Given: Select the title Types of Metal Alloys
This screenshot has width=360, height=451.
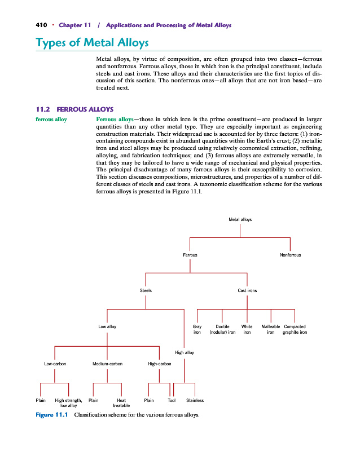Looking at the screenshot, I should [x=92, y=43].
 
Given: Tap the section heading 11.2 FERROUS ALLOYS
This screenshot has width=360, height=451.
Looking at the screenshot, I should [x=74, y=109].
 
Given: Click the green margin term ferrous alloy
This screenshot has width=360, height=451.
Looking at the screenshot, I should [x=51, y=120].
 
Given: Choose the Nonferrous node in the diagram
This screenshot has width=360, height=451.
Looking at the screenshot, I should [x=290, y=255].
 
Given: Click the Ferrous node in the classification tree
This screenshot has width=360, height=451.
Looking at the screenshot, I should [x=190, y=255].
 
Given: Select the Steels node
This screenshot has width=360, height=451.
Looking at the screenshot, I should [x=146, y=290].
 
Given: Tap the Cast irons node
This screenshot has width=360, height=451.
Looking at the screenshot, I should [x=247, y=290].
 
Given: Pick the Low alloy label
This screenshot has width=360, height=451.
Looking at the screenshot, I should [x=107, y=326].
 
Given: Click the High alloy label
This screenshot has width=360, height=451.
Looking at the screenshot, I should [x=184, y=352].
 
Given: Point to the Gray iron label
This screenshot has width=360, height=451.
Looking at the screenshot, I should [x=197, y=329].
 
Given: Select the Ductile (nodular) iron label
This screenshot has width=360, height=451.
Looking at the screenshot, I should [x=222, y=329].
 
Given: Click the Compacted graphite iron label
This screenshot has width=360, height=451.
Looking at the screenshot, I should [x=295, y=329].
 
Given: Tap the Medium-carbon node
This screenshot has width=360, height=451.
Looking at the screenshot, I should [x=107, y=364].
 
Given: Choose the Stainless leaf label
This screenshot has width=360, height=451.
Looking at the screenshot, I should [x=195, y=400].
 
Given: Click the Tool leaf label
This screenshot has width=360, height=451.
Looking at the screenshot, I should [x=172, y=400].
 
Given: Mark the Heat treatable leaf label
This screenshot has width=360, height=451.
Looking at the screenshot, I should [x=121, y=403].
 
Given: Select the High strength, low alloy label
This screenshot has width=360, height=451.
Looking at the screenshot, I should [x=68, y=403].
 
